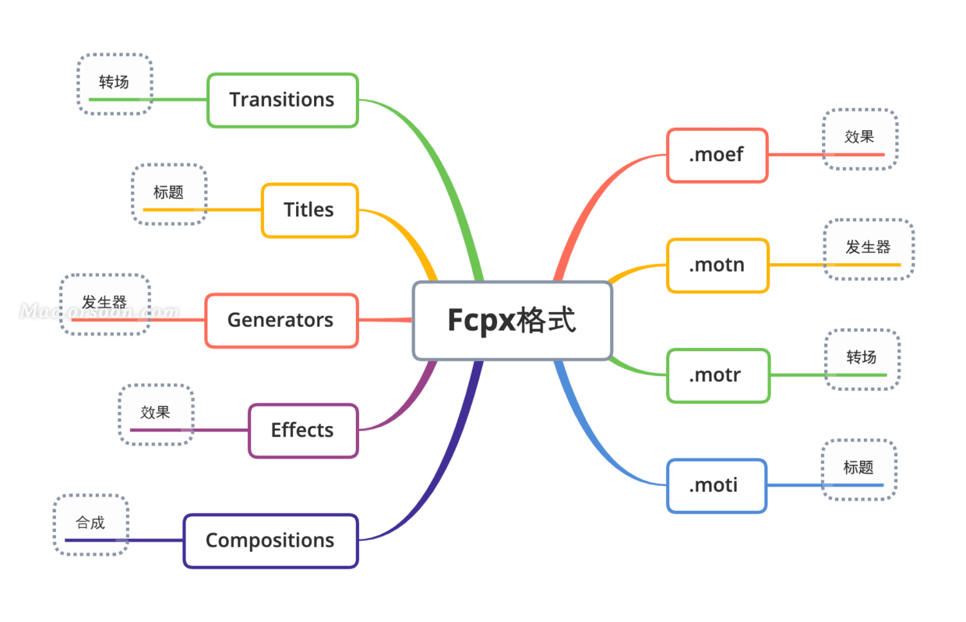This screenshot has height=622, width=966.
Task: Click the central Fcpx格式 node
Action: [x=513, y=320]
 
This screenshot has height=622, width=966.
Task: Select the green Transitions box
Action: [x=283, y=100]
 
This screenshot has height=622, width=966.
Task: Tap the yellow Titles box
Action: [x=309, y=210]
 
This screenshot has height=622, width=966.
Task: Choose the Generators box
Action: [x=281, y=320]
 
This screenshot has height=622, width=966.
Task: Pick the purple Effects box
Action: [x=303, y=430]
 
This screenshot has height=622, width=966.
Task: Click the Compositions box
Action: [x=271, y=540]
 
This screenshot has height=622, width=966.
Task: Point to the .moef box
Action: [x=717, y=155]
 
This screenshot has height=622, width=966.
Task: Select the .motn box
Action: [x=717, y=265]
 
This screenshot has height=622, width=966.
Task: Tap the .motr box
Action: [x=718, y=375]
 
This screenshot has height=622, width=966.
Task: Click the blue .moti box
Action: [x=716, y=486]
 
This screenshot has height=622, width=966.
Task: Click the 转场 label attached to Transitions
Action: [x=114, y=82]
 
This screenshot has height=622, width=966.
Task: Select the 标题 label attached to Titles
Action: [x=168, y=192]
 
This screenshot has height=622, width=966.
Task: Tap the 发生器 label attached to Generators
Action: [x=104, y=302]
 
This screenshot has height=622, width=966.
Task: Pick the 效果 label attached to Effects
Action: [x=155, y=413]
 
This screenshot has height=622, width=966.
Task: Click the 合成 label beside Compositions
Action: [x=90, y=522]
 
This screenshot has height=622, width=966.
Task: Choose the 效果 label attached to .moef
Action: [x=859, y=137]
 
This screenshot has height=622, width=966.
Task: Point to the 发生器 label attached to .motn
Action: [x=868, y=247]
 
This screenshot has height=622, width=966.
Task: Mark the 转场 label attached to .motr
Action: [x=862, y=357]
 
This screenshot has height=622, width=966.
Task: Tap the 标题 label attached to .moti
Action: [x=858, y=468]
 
